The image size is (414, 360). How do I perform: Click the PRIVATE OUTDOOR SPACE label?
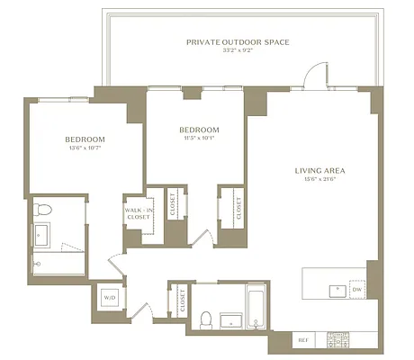[238, 42]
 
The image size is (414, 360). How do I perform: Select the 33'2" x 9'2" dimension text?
[238, 51]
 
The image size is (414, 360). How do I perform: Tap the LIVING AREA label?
[319, 170]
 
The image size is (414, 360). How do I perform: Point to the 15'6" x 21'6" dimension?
[319, 179]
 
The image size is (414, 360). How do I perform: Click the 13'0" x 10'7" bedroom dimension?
[85, 148]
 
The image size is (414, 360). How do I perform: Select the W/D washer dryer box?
[110, 297]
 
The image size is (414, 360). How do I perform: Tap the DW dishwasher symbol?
[356, 290]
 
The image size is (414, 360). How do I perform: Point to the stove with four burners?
[339, 340]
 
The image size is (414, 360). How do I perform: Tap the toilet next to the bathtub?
[206, 319]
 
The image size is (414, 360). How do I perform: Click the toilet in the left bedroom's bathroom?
[41, 211]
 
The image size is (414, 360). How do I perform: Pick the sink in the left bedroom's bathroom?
[41, 236]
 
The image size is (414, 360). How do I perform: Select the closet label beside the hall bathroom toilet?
[184, 300]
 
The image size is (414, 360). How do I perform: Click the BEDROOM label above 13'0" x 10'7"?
[85, 139]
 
